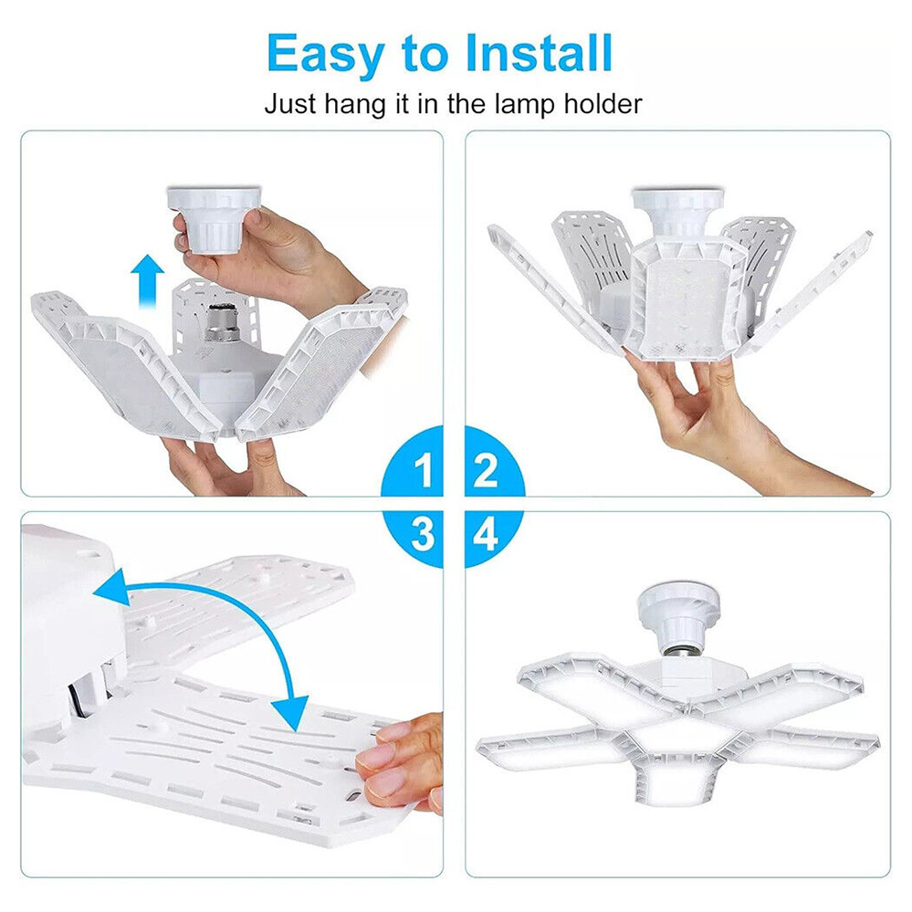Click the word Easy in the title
pyautogui.click(x=325, y=54)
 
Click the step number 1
pyautogui.click(x=425, y=470)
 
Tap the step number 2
pyautogui.click(x=486, y=470)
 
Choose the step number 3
pyautogui.click(x=423, y=534)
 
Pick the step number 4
pyautogui.click(x=485, y=534)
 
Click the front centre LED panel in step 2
pyautogui.click(x=685, y=301)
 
